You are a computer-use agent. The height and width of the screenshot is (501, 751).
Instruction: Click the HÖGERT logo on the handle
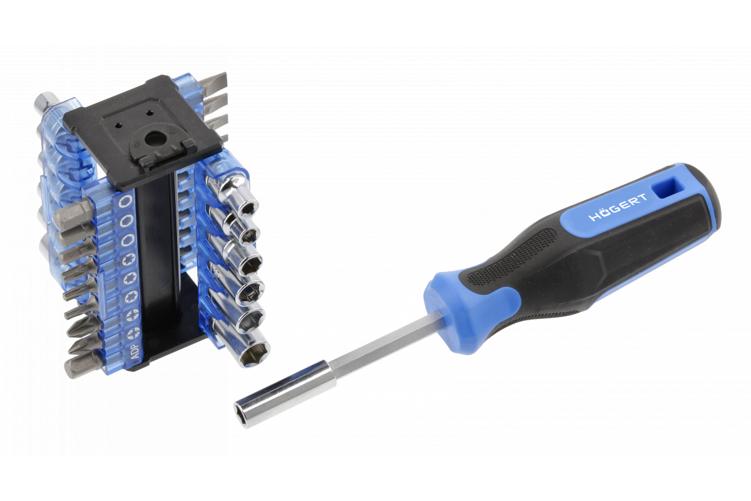tap(618, 207)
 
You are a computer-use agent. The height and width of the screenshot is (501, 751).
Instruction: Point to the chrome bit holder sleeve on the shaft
tap(285, 394)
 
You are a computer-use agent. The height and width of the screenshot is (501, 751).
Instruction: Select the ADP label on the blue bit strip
tap(135, 352)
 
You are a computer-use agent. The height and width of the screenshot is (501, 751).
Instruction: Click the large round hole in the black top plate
tap(154, 138)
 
